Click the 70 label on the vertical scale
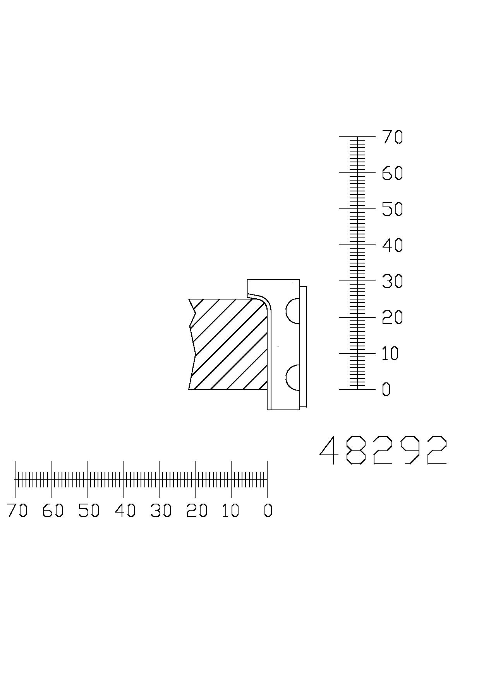tap(392, 137)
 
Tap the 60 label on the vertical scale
tap(392, 173)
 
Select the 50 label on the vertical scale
tap(392, 209)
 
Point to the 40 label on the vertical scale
tap(392, 245)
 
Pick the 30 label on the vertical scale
tap(392, 281)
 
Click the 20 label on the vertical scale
tap(392, 317)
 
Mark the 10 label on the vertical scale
tap(390, 353)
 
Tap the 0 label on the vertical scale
tap(386, 389)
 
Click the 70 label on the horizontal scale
tap(17, 511)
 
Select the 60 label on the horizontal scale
tap(53, 511)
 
